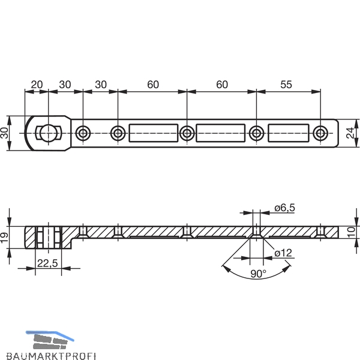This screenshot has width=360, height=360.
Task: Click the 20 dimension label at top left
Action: tap(37, 85)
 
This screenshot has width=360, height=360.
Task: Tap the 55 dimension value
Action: tap(286, 85)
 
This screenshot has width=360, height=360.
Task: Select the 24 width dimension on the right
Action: tap(350, 133)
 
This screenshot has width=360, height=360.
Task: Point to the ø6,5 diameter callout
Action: tap(284, 208)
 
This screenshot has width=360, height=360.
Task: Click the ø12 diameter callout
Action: tap(283, 253)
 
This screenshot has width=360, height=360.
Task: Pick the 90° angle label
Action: tap(258, 274)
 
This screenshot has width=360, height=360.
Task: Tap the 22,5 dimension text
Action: tap(47, 263)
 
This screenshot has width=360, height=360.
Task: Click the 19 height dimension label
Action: tap(4, 238)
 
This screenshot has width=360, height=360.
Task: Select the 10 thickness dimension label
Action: tap(351, 232)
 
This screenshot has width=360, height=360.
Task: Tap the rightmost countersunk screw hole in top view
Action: tap(320, 133)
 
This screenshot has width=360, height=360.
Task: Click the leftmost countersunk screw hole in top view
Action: tap(83, 133)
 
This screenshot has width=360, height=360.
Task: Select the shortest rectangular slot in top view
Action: tap(289, 133)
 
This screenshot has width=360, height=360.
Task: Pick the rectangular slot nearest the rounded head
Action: tap(154, 133)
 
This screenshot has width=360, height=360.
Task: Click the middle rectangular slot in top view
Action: tap(221, 133)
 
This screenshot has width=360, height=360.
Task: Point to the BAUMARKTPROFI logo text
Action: tap(51, 356)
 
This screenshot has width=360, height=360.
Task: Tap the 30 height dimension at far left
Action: tap(4, 133)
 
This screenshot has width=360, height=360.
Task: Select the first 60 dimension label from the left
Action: tap(153, 85)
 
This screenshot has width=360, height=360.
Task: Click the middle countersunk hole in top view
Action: tap(187, 133)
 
